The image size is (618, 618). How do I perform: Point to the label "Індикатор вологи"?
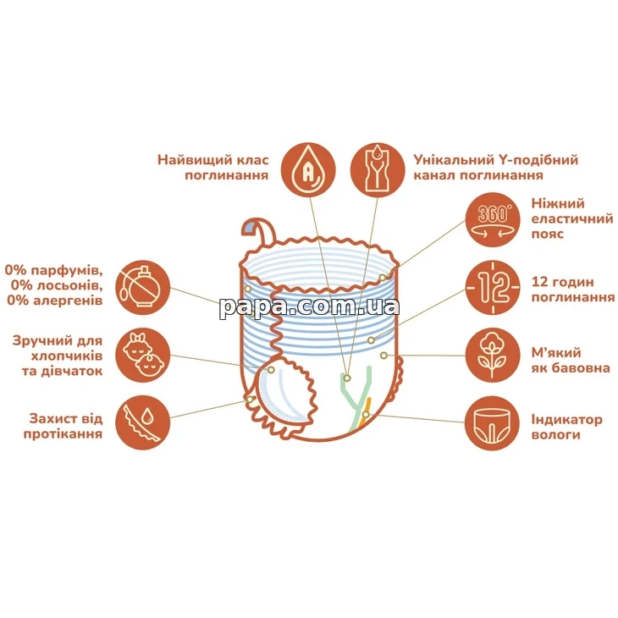(566, 427)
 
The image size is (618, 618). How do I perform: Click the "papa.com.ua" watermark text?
(310, 306)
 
